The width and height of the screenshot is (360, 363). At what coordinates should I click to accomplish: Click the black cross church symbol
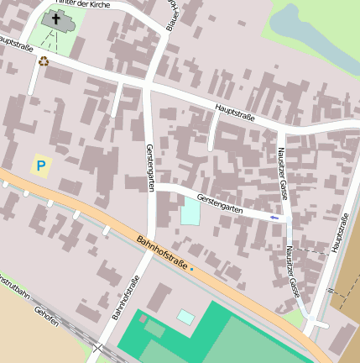tap(56, 18)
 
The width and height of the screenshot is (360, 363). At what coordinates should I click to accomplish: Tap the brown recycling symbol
tap(44, 60)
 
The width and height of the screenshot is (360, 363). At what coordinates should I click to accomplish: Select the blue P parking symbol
tap(41, 166)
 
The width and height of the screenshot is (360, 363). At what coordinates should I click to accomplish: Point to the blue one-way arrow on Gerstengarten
tap(275, 218)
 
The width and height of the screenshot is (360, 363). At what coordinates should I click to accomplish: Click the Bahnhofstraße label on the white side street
tap(125, 298)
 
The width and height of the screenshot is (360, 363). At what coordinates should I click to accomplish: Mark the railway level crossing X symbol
tap(99, 348)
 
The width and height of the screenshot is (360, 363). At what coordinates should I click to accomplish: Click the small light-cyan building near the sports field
tap(185, 317)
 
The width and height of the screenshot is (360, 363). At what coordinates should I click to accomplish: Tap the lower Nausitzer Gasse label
tap(292, 271)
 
